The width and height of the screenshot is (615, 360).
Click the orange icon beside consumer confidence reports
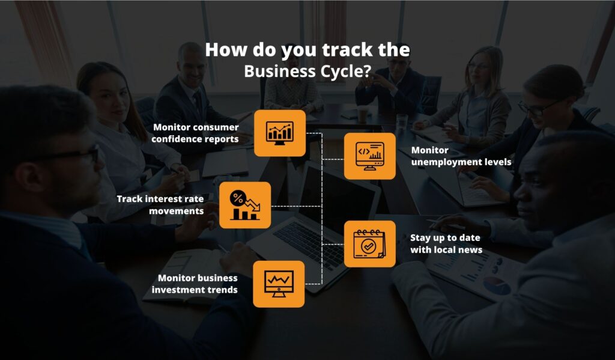click(x=279, y=133)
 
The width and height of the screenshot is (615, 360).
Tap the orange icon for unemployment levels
click(x=369, y=156)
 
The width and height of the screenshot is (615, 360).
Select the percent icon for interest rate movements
click(x=244, y=205)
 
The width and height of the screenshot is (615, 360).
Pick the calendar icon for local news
click(x=369, y=243)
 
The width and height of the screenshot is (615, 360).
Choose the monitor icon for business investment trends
click(x=279, y=284)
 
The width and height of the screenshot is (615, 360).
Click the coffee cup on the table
click(x=362, y=114)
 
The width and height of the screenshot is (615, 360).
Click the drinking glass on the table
click(x=401, y=123)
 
